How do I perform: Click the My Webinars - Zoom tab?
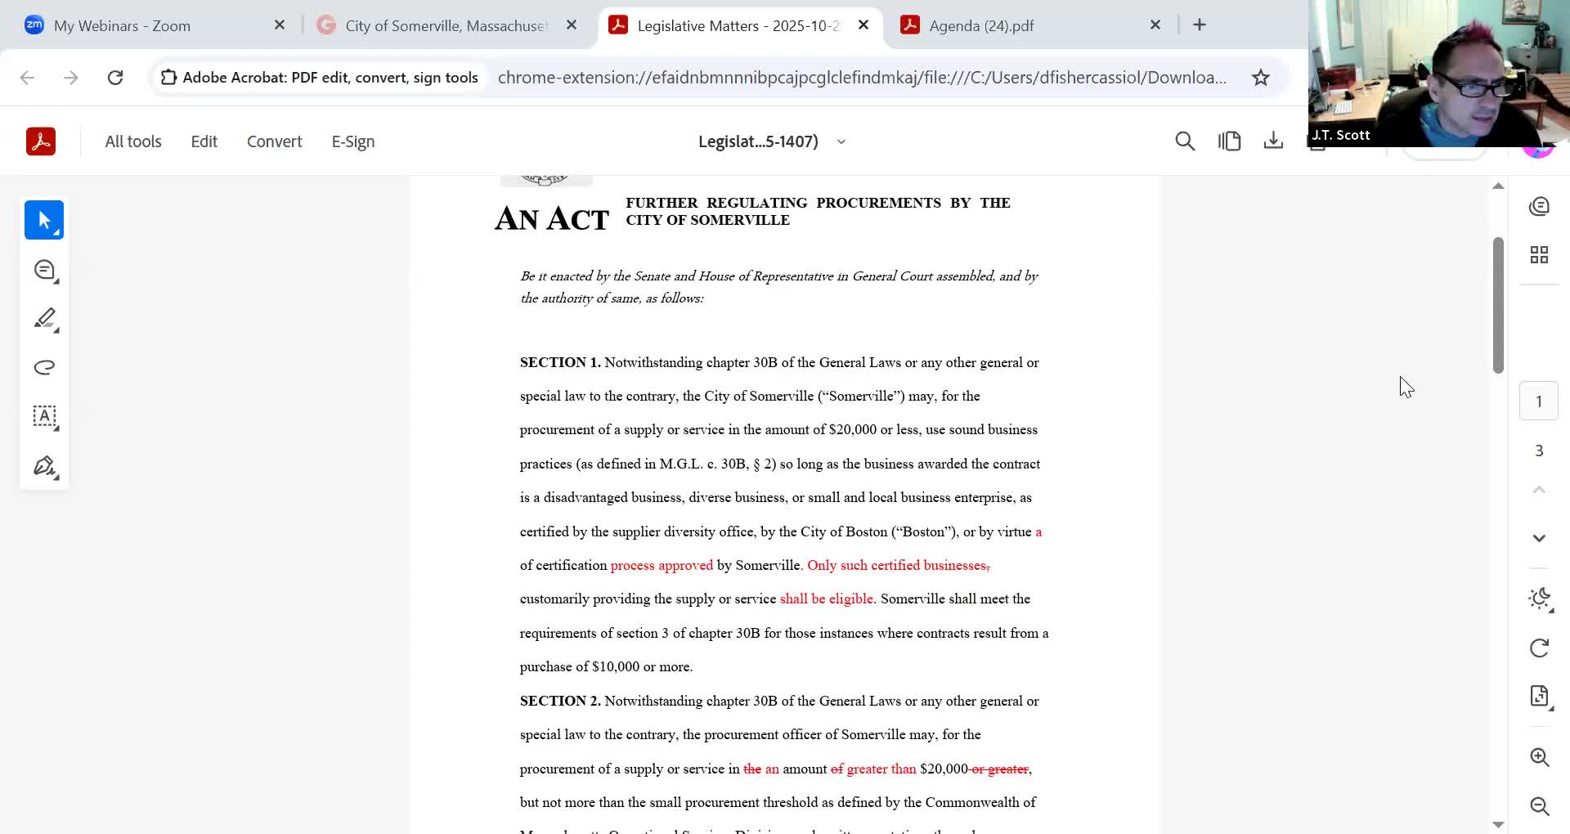(122, 25)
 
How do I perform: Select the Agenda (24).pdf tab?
(981, 25)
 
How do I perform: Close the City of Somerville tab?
(572, 25)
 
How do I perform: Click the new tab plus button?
(1200, 25)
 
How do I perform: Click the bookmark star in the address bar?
(1261, 78)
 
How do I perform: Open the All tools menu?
(133, 141)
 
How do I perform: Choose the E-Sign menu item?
(353, 141)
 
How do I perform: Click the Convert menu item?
(274, 141)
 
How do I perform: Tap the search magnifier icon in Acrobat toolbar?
(1185, 141)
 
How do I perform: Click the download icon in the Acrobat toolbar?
(1273, 141)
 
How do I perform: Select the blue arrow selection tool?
(44, 220)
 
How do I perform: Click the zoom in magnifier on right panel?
(1540, 757)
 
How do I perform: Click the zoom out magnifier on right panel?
(1540, 806)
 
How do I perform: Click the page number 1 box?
(1539, 401)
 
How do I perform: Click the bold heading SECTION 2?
(560, 701)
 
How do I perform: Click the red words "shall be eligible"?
(826, 599)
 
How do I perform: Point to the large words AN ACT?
(552, 219)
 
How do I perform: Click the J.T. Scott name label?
(1341, 136)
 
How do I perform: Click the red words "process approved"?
(662, 565)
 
